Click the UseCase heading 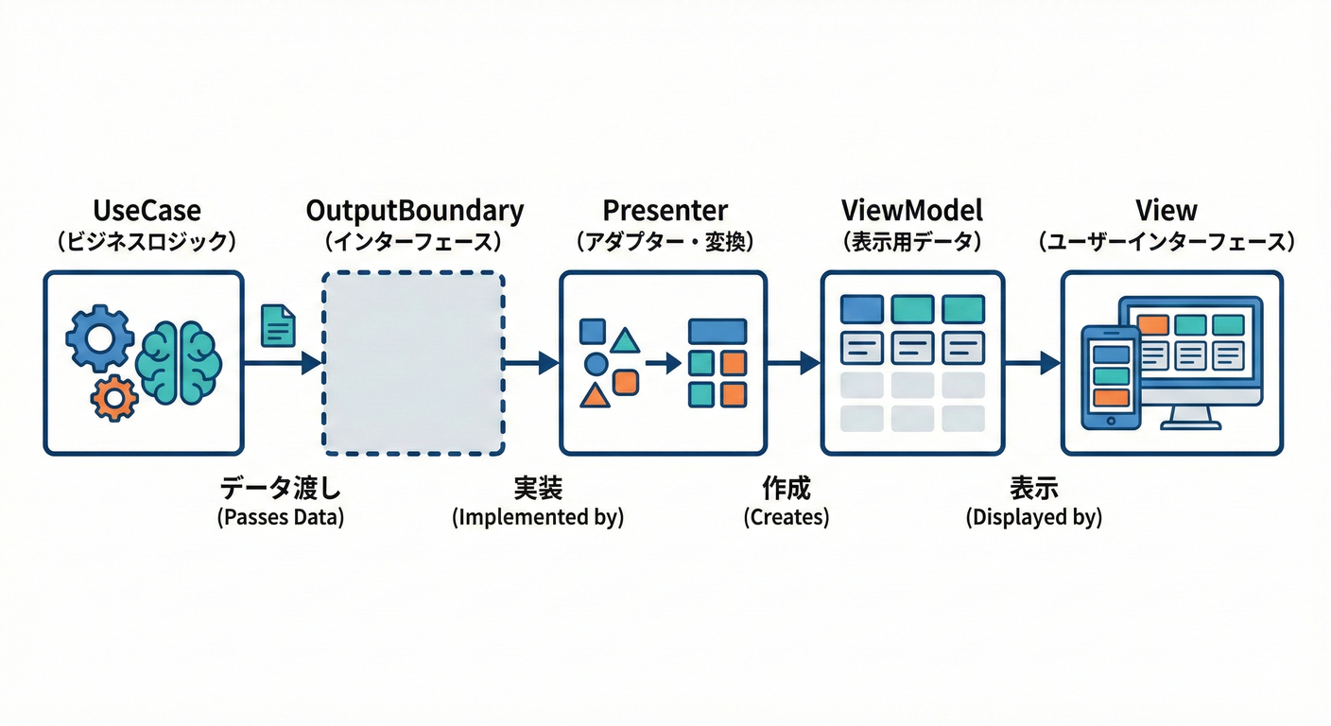point(147,210)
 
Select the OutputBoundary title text point(415,210)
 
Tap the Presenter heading point(664,210)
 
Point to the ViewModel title point(911,210)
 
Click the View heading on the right point(1167,210)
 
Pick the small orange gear point(114,398)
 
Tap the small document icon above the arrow point(277,324)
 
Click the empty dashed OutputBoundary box point(413,363)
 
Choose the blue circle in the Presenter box point(596,364)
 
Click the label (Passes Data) point(280,518)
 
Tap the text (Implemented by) point(538,518)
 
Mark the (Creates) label point(786,518)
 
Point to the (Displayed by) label point(1033,518)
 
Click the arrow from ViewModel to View point(1031,363)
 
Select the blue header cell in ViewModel point(861,309)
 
